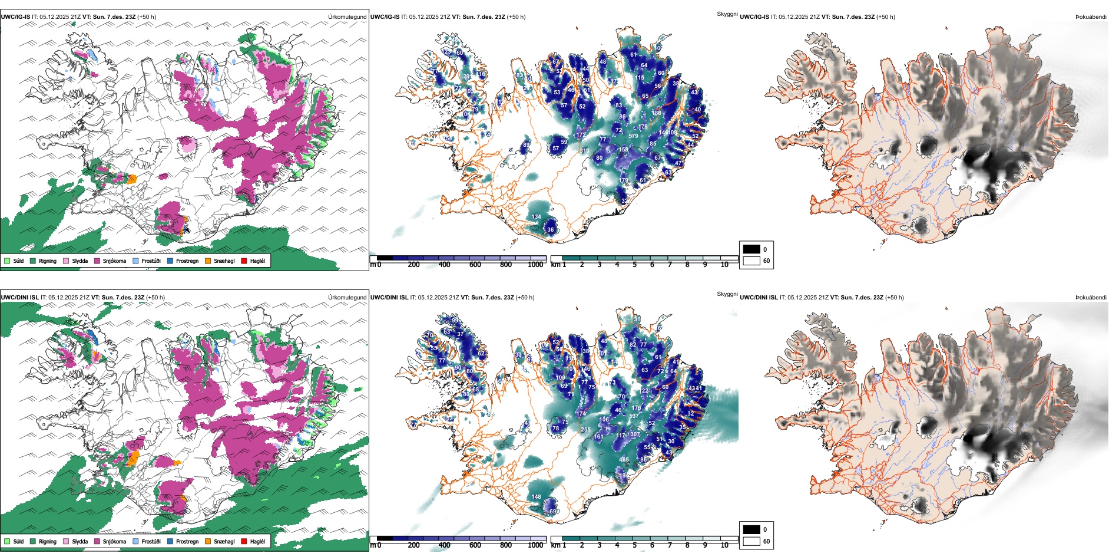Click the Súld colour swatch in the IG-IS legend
coord(7,261)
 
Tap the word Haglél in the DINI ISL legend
coord(257,541)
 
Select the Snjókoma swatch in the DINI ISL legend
coord(97,541)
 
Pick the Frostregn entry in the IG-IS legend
coord(187,261)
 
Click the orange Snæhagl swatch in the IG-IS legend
coord(208,261)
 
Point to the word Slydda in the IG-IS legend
coord(80,261)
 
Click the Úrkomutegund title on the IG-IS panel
coord(347,17)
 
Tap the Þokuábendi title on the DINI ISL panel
coord(1091,297)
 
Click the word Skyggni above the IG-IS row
coord(727,14)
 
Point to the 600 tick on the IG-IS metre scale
coord(475,265)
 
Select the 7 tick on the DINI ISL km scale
coord(670,545)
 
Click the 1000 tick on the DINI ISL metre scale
coord(535,545)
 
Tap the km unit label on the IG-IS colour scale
coord(555,265)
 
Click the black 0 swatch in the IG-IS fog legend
coord(751,249)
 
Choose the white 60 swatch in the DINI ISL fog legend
coord(751,541)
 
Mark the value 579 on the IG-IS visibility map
coord(633,136)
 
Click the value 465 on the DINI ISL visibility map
coord(624,460)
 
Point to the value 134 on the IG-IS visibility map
coord(536,217)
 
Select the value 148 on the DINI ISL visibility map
coord(536,497)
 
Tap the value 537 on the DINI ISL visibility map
coord(634,416)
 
